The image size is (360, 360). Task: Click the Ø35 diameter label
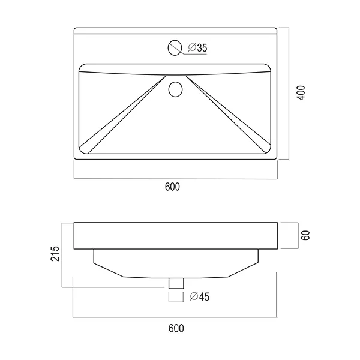197,47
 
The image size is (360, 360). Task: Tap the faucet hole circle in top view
175,41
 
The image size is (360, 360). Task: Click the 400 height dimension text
301,92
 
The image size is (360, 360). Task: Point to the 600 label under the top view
172,187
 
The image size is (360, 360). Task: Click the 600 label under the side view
176,328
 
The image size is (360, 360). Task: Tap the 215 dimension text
55,253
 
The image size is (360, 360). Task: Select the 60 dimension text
305,235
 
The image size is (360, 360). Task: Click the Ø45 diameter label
200,296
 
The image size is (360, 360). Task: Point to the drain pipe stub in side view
176,283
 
